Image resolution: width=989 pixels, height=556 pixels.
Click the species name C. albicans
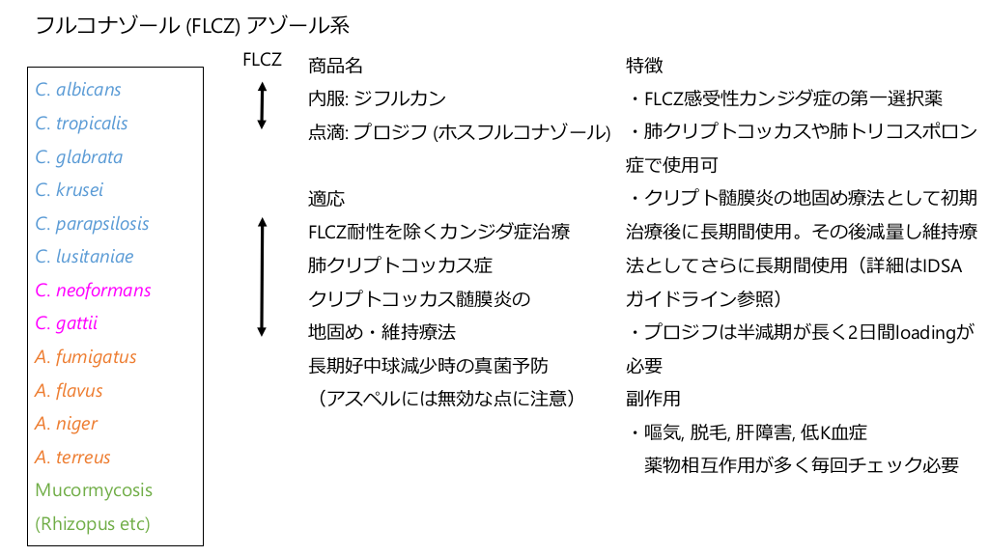pos(78,90)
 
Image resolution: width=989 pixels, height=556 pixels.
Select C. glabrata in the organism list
pos(79,156)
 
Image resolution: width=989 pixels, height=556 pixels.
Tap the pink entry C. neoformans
pos(93,290)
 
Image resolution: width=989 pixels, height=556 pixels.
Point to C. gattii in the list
pos(67,323)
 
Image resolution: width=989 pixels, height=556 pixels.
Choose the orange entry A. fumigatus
pos(86,357)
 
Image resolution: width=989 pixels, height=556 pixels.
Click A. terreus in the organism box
pos(73,457)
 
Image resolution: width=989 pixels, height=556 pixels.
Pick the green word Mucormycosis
pos(94,489)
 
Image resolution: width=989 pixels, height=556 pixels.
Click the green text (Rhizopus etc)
pos(93,523)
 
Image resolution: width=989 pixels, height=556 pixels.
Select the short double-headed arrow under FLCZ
pos(261,106)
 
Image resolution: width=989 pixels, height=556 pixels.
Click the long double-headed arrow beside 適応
pos(261,277)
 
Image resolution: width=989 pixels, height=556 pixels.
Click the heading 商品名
pos(336,66)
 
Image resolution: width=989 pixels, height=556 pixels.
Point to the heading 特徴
pos(644,66)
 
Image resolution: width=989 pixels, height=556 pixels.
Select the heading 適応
pos(326,199)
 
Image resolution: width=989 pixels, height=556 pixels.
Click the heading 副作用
pos(654,399)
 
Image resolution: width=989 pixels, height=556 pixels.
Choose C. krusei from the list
pos(70,190)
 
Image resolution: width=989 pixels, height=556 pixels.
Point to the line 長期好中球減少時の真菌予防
pos(428,365)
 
